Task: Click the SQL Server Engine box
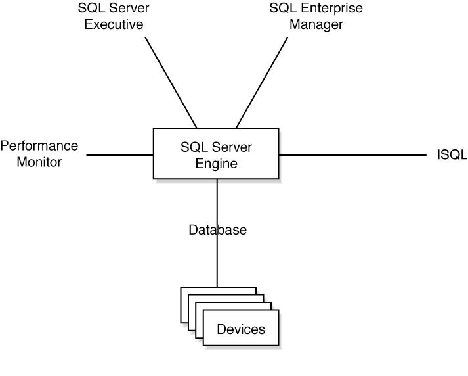(217, 153)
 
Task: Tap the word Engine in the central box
(217, 163)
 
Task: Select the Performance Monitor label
(39, 153)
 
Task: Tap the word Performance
(39, 145)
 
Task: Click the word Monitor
(39, 162)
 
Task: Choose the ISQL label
(452, 155)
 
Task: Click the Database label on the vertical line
(217, 230)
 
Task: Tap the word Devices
(241, 329)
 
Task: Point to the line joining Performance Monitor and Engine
(119, 155)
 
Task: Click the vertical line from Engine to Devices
(217, 263)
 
